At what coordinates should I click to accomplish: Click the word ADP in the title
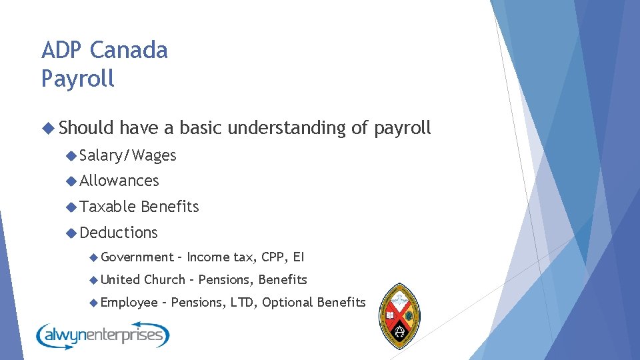[x=61, y=50]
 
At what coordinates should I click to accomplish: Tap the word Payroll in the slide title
[x=78, y=79]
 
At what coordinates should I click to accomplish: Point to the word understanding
[x=287, y=128]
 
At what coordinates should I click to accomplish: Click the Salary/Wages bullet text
[x=128, y=156]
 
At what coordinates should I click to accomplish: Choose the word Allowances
[x=119, y=181]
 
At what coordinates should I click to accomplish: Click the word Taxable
[x=108, y=207]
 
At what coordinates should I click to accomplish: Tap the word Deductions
[x=119, y=233]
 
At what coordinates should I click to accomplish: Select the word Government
[x=137, y=257]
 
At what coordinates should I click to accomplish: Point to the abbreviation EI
[x=299, y=257]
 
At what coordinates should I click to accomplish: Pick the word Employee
[x=130, y=303]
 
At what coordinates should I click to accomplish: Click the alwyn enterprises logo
[x=103, y=334]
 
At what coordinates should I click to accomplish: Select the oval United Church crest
[x=399, y=315]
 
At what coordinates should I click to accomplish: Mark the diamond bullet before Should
[x=47, y=127]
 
